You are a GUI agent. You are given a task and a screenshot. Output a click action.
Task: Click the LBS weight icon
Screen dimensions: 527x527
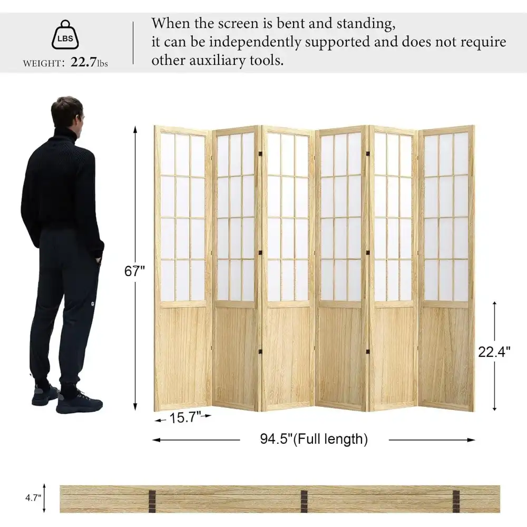[65, 35]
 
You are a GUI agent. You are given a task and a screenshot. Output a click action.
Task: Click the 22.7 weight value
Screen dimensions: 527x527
[83, 62]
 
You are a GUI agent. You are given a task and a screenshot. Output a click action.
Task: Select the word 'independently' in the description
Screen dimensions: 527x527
[255, 43]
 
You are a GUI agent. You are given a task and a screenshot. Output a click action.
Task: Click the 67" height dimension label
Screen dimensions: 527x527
[134, 271]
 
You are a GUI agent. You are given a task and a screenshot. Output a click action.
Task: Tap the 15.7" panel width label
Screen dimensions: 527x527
[184, 417]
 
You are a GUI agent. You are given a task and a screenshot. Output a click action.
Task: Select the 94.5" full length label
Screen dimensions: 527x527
[314, 440]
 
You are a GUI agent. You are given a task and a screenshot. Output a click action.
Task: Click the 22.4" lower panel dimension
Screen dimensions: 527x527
[494, 352]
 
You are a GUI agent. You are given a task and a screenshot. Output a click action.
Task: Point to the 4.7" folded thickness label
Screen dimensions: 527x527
[33, 498]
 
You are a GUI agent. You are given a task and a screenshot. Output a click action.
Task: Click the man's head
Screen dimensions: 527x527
[67, 114]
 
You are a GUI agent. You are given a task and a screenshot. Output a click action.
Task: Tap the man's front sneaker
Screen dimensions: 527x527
[79, 402]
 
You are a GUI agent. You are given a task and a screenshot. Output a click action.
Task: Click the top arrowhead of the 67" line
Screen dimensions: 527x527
[135, 130]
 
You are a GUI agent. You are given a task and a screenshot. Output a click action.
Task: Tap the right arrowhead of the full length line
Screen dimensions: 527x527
[472, 440]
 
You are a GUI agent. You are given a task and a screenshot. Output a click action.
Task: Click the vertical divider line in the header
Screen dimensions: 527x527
[133, 43]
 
